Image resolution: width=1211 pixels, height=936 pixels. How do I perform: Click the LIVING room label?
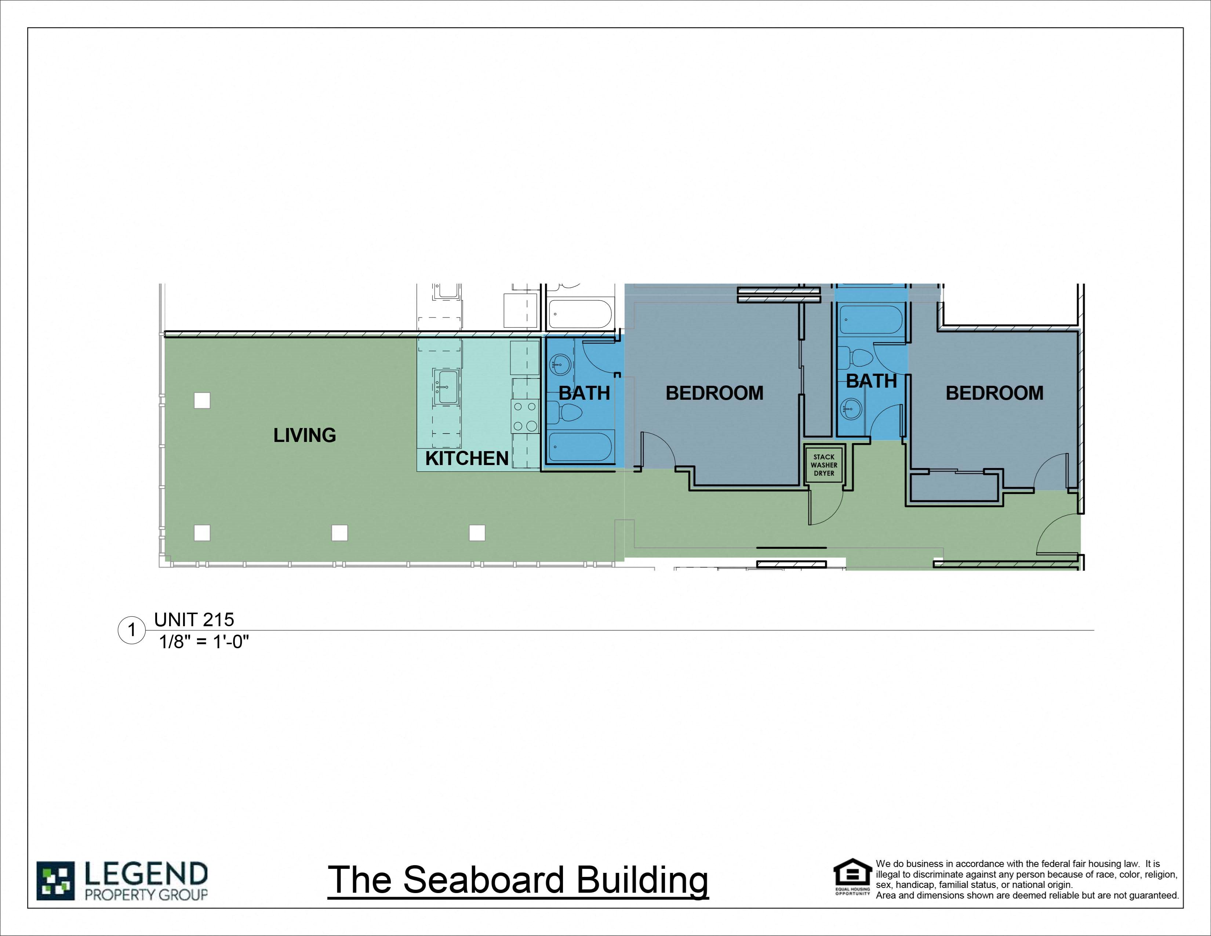pos(305,435)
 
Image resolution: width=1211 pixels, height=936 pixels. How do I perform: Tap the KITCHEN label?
pos(466,458)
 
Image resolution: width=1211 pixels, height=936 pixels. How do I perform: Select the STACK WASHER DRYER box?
pos(823,465)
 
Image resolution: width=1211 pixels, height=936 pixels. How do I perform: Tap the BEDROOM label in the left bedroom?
pos(714,393)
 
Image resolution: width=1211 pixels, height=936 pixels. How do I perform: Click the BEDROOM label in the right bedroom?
pos(994,393)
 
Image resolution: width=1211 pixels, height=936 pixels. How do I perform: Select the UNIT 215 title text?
pos(194,619)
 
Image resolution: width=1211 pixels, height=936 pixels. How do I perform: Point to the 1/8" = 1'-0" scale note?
pos(204,642)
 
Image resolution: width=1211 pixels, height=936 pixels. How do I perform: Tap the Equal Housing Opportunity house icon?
pos(852,874)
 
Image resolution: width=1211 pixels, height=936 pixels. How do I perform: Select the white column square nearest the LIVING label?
pos(202,400)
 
